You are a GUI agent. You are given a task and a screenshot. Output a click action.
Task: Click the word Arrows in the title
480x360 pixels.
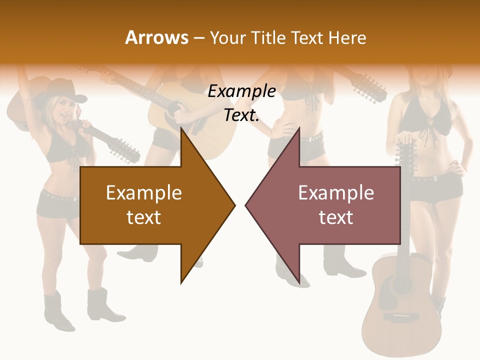tap(156, 37)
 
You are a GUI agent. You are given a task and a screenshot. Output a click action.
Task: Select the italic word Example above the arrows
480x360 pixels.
tap(242, 91)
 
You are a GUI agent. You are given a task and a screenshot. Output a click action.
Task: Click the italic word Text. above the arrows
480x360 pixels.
tap(242, 115)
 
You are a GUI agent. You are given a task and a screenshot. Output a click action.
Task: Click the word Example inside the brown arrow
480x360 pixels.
tap(144, 193)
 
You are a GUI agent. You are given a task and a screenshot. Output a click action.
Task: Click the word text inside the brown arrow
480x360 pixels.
tap(144, 217)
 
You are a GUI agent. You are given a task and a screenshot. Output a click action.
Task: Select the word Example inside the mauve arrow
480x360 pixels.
tap(336, 193)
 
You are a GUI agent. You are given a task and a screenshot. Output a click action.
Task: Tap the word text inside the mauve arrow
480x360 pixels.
tap(336, 217)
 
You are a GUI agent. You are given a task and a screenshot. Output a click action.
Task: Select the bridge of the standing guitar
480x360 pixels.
tap(401, 317)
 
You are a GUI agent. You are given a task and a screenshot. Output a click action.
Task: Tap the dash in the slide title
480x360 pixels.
tap(198, 38)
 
